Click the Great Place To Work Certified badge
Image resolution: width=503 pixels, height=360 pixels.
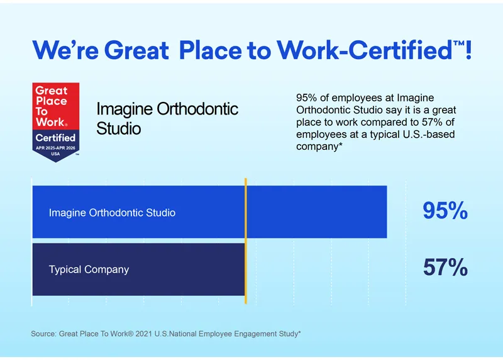55,121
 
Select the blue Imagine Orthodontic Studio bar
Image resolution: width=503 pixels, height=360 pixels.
314,212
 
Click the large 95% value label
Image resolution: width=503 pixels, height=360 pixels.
445,211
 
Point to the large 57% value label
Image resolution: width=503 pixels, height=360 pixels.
445,269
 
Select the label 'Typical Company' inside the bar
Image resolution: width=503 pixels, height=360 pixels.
89,269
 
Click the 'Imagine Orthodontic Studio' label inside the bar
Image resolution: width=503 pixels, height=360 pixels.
112,213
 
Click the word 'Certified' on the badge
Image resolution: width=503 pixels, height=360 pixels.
55,137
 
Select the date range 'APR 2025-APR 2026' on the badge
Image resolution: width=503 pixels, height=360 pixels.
55,147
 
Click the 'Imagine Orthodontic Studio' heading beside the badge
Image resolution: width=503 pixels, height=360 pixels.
167,118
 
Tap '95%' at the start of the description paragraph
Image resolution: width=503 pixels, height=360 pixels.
306,98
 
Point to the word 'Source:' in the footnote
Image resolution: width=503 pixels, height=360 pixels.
43,334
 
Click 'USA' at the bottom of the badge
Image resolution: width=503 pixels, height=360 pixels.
55,153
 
